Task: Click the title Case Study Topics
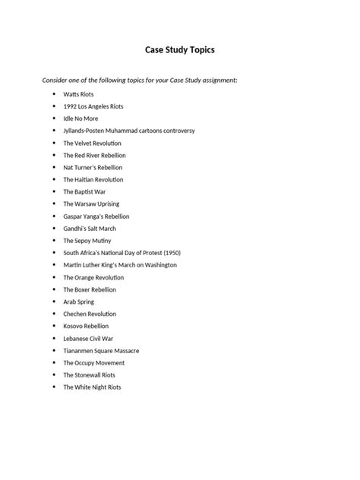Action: click(180, 51)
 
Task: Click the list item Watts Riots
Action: click(79, 94)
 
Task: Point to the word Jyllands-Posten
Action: click(87, 131)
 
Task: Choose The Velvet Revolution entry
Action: click(92, 143)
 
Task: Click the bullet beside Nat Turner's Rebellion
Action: click(54, 167)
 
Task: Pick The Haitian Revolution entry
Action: click(93, 179)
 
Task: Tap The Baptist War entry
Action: click(84, 191)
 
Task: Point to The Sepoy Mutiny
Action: click(87, 241)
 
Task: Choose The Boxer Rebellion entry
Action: click(90, 289)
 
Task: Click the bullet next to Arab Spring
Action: click(54, 302)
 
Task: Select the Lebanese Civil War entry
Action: click(89, 338)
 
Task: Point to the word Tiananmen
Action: click(81, 350)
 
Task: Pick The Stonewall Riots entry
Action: click(90, 374)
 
